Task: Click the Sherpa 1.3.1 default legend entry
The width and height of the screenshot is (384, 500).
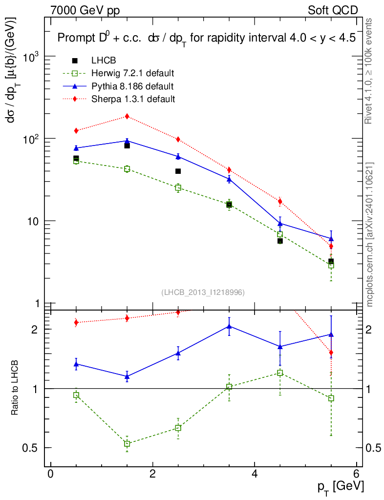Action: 133,99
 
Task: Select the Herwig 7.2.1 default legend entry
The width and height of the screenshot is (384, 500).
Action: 132,74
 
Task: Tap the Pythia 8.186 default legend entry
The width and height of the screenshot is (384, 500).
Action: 132,86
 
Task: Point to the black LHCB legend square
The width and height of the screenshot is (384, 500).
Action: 75,61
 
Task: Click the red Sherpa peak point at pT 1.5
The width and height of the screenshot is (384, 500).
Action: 127,116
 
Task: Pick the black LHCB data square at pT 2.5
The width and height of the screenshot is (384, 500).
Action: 178,171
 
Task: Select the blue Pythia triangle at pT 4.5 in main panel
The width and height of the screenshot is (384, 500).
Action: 280,223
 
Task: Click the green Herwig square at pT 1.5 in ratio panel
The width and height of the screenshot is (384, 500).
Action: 127,444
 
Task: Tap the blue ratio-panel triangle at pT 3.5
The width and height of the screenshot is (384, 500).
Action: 229,326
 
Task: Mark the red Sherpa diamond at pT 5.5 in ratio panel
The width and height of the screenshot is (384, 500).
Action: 331,353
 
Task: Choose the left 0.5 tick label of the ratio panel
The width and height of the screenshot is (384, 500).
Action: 33,448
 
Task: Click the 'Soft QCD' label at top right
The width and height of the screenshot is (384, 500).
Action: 333,10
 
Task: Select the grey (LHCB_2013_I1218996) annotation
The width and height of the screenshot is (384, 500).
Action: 203,292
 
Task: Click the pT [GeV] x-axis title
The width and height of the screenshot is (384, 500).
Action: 341,486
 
